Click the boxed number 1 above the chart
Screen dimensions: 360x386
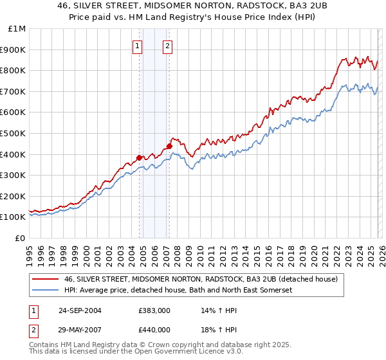(138, 46)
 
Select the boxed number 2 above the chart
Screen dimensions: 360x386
(167, 46)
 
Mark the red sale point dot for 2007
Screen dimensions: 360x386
(170, 145)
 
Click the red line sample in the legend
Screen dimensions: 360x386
(46, 279)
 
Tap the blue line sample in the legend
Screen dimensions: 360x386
(46, 290)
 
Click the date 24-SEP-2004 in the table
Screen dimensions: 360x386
(80, 310)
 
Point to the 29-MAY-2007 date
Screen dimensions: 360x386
(80, 329)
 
